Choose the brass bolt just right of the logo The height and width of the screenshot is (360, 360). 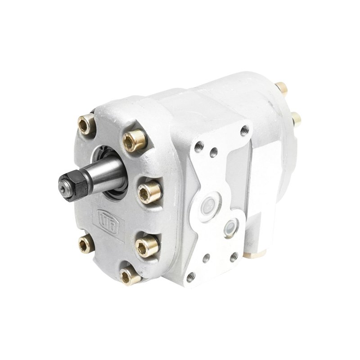click(x=147, y=245)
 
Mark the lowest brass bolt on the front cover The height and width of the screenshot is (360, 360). click(x=131, y=274)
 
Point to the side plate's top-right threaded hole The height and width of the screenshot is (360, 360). click(x=244, y=131)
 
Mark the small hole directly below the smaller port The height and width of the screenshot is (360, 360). click(x=233, y=257)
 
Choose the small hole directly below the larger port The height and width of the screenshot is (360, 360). click(x=206, y=258)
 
